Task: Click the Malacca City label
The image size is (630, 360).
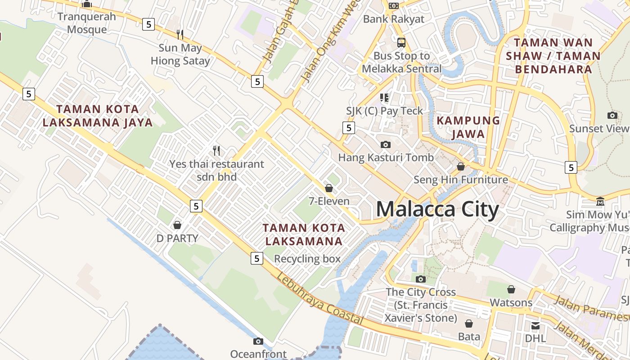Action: click(437, 210)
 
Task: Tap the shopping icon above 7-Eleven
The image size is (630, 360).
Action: click(329, 188)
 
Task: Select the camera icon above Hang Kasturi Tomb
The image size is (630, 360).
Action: click(386, 144)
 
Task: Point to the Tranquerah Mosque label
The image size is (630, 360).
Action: click(87, 23)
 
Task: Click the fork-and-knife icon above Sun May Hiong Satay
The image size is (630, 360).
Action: click(180, 34)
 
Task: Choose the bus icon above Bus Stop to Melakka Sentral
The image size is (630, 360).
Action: click(401, 43)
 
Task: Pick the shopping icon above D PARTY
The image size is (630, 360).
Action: click(177, 225)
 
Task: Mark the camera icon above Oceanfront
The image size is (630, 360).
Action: click(258, 341)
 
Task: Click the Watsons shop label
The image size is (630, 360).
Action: click(511, 302)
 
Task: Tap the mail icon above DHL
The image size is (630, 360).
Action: click(535, 325)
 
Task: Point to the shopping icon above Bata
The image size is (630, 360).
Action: click(469, 324)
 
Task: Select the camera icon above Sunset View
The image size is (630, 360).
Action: click(612, 116)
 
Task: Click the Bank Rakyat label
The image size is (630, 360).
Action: click(393, 19)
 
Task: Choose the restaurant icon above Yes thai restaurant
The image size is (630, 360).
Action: click(216, 150)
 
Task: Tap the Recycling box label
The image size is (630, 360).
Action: click(307, 259)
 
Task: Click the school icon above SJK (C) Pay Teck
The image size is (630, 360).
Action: click(384, 98)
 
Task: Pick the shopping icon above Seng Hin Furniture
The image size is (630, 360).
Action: click(461, 166)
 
